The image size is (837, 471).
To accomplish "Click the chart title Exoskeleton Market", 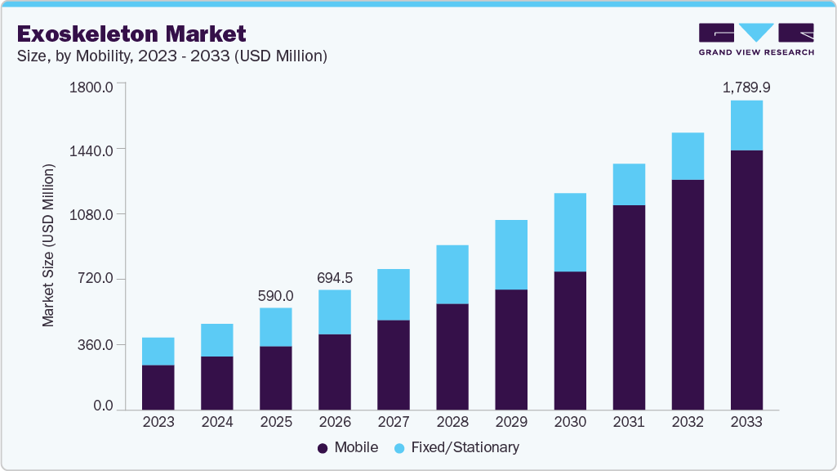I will tap(131, 34).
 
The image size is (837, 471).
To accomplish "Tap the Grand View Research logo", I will tap(756, 39).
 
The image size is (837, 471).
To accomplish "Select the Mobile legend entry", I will tap(347, 447).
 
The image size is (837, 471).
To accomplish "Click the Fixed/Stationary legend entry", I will tap(456, 447).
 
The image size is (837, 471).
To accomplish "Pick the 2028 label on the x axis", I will tap(452, 422).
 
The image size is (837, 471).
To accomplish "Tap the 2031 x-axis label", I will tap(629, 422).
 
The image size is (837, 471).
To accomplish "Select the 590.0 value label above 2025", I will tap(275, 295).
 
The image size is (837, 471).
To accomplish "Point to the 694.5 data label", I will tap(335, 278).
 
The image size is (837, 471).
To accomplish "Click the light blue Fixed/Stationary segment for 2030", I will tap(570, 232).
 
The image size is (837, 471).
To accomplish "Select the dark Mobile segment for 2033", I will tap(746, 280).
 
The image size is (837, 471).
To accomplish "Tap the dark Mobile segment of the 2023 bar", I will tap(158, 387).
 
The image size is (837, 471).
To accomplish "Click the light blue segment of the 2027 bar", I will tap(394, 294).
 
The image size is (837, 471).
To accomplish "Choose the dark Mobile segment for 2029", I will tap(511, 349).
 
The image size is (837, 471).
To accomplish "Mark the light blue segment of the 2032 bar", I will tap(688, 156).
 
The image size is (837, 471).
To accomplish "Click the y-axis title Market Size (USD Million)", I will tap(49, 245).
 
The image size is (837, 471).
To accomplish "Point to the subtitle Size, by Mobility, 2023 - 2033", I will tap(172, 56).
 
